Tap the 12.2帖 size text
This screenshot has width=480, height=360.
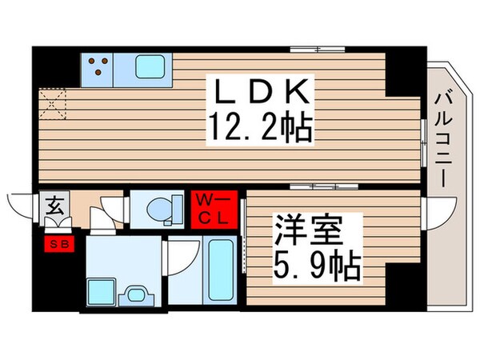pos(258,127)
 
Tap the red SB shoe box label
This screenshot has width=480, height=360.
pos(59,242)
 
